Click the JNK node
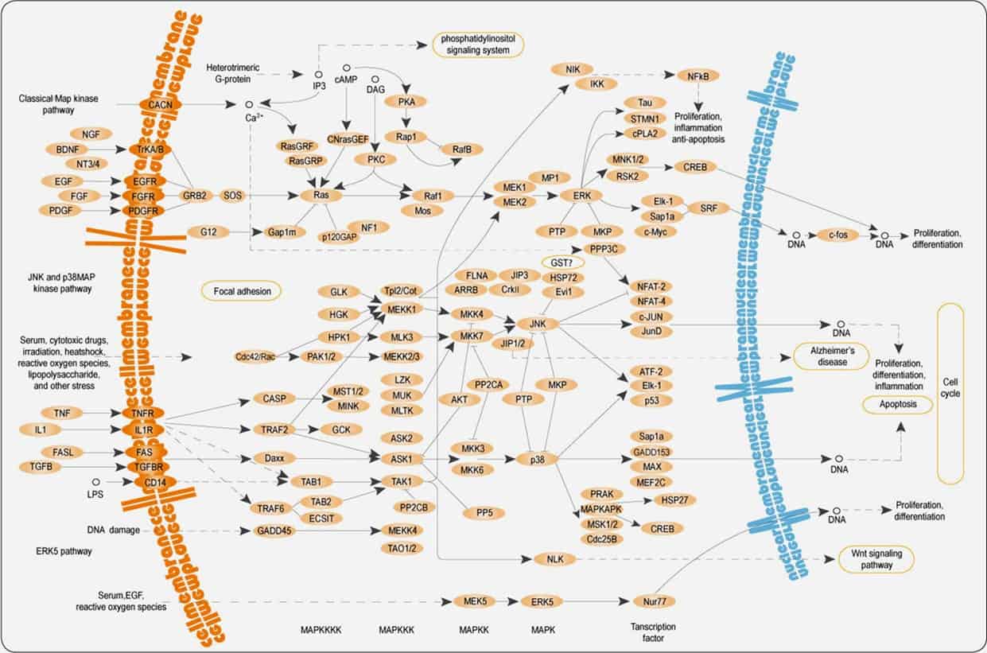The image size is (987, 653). point(536,324)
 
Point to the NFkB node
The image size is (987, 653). point(698,76)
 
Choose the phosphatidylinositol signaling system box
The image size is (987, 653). point(479,44)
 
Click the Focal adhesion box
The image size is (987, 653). point(242,292)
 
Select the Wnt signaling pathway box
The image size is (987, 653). point(876,559)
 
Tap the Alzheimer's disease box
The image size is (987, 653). point(830,356)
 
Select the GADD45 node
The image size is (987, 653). point(271,531)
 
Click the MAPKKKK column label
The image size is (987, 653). point(321,630)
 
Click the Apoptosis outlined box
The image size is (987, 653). point(896,405)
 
